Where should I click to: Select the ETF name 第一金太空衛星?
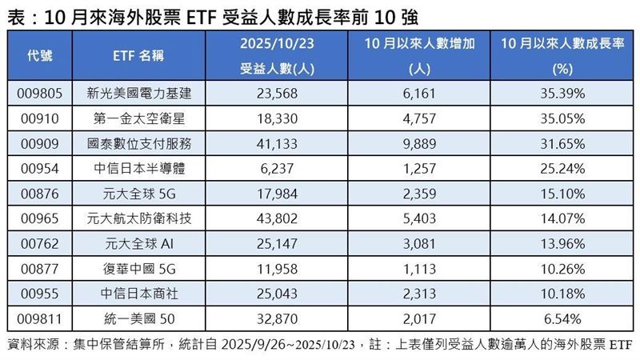[139, 118]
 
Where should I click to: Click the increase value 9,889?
[420, 143]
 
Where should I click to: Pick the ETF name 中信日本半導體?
[139, 169]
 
